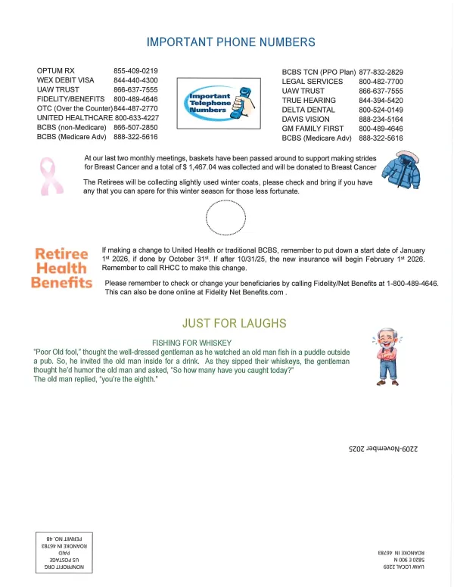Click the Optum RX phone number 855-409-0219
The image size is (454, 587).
135,71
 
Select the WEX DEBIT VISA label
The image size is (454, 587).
66,80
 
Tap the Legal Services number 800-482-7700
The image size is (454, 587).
381,81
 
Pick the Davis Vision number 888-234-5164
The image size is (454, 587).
381,120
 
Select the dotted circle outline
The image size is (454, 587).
225,219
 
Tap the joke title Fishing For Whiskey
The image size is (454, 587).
192,343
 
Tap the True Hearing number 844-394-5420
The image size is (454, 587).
381,100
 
